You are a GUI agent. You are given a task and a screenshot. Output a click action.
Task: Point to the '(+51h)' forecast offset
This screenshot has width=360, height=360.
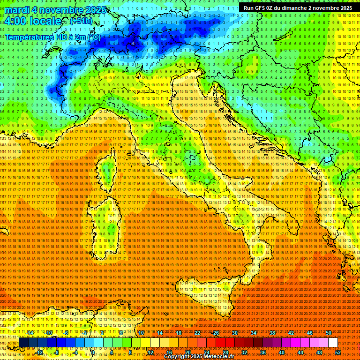click(x=81, y=21)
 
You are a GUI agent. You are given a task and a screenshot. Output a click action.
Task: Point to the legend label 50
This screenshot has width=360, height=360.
click(x=328, y=333)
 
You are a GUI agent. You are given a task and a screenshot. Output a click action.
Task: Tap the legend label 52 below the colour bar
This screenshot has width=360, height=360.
click(x=337, y=352)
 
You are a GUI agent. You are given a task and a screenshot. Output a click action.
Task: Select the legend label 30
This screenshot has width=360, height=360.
click(x=234, y=333)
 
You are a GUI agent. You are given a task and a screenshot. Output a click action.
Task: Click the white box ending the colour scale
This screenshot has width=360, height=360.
click(x=333, y=342)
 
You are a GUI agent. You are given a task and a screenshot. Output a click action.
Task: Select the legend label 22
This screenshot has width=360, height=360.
click(x=197, y=333)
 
